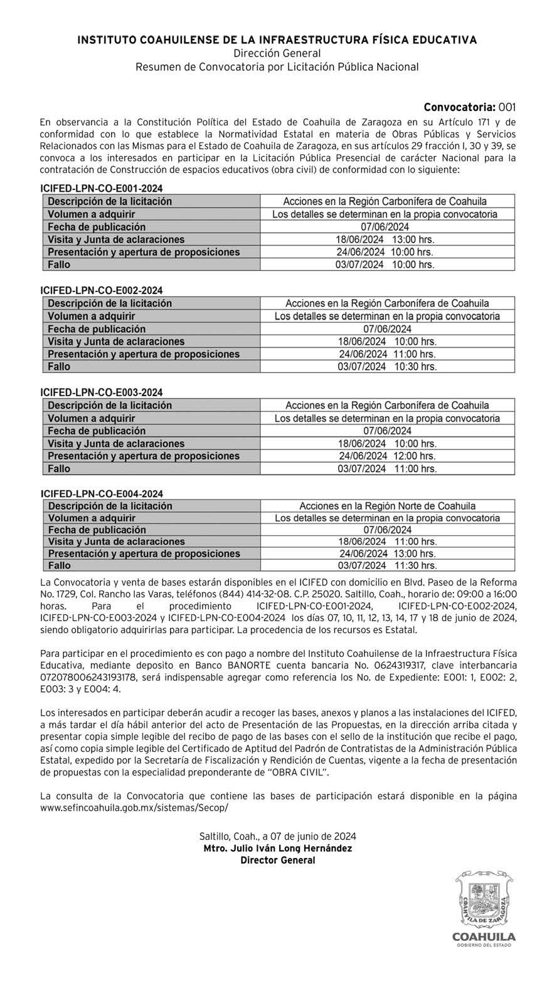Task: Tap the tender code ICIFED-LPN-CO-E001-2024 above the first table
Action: tap(102, 189)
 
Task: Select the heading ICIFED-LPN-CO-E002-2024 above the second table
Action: tap(102, 291)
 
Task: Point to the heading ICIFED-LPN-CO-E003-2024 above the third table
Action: tap(102, 392)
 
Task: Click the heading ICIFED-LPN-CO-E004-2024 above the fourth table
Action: tap(102, 494)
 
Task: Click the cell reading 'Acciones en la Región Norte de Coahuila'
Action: tap(387, 506)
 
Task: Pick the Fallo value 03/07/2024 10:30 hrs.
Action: tap(387, 367)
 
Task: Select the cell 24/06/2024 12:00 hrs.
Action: tap(387, 456)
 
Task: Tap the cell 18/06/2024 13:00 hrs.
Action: tap(385, 239)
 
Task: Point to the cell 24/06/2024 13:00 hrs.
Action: tap(387, 554)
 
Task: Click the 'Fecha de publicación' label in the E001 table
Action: tap(97, 227)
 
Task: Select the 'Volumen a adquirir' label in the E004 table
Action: tap(92, 518)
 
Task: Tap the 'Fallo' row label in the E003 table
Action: tap(59, 469)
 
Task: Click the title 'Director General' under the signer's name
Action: tap(277, 861)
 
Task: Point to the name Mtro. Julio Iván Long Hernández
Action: tap(277, 849)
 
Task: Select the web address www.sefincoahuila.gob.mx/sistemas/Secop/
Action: tap(134, 808)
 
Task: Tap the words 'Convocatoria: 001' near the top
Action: tap(469, 107)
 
